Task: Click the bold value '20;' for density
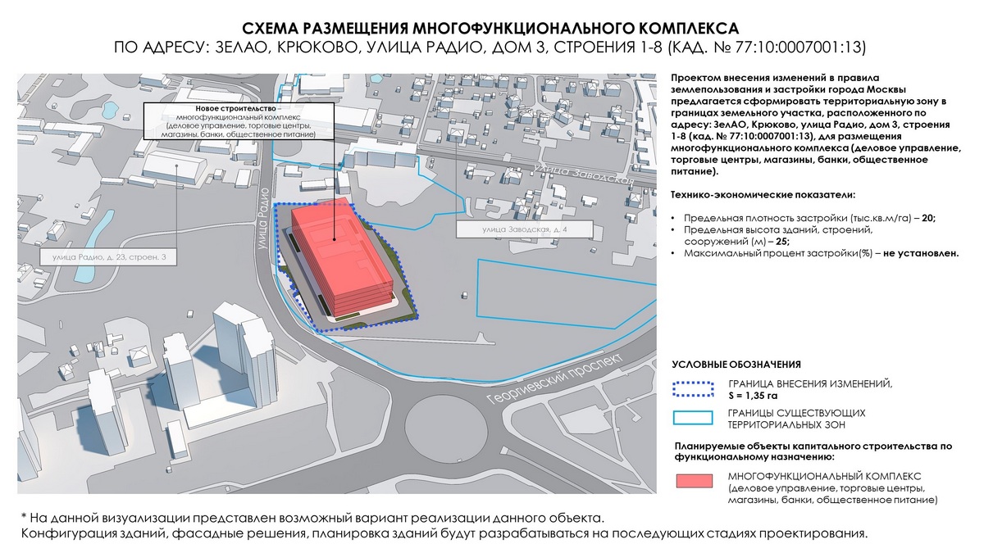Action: point(927,219)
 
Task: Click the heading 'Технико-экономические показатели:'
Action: point(763,196)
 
